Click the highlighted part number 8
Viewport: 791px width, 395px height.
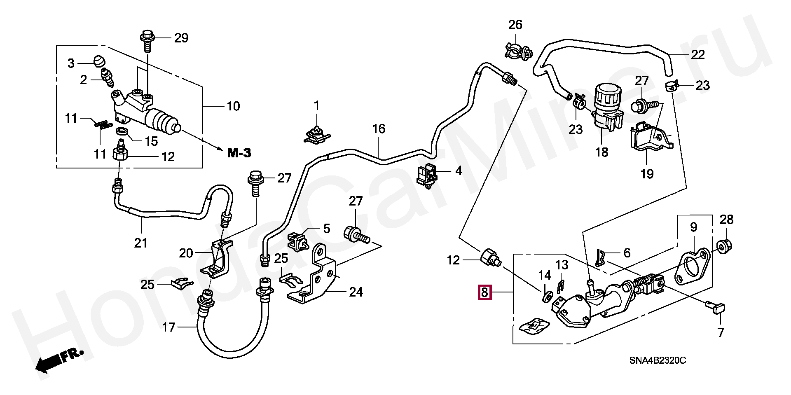click(x=484, y=293)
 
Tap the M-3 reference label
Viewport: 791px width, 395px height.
click(x=239, y=154)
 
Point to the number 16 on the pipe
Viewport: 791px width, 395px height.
click(x=379, y=129)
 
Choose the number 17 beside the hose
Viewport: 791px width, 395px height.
click(x=168, y=328)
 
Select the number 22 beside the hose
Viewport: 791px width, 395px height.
click(x=697, y=55)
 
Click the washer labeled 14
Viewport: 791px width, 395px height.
click(x=548, y=296)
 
